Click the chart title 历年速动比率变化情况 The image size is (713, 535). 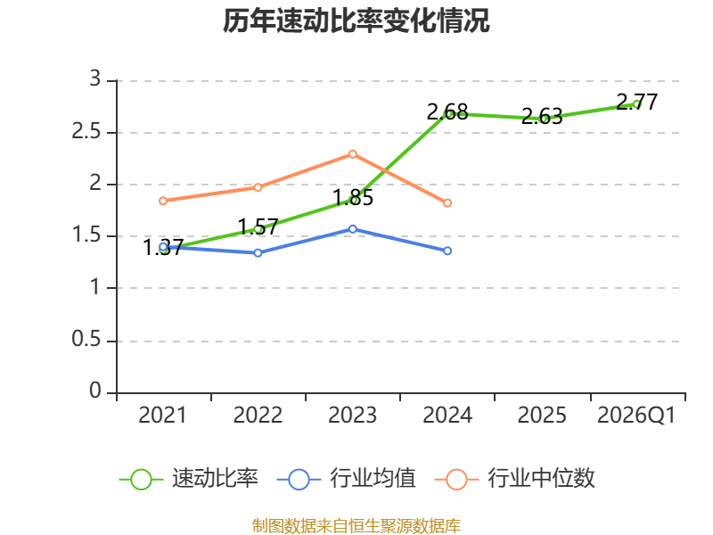(x=356, y=21)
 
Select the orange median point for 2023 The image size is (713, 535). (x=352, y=154)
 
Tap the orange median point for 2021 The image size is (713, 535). (x=163, y=201)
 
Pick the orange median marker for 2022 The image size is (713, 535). (x=258, y=187)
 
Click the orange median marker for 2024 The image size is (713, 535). (x=447, y=203)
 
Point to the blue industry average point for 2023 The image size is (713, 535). (x=352, y=229)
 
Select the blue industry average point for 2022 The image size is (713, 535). (x=258, y=253)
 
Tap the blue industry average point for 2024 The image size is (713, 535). (x=447, y=251)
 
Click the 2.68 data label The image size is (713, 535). (x=447, y=112)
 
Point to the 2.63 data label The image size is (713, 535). (x=542, y=117)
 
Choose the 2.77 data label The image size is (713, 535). (x=637, y=102)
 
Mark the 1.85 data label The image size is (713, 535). (x=353, y=198)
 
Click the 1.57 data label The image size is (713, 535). (x=258, y=227)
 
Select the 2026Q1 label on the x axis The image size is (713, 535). (x=636, y=416)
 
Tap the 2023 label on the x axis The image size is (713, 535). (x=352, y=416)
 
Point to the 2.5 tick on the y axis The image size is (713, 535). (x=86, y=132)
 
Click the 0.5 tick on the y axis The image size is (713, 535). (x=86, y=340)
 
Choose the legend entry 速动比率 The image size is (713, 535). (x=189, y=479)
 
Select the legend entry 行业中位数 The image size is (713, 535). (x=515, y=479)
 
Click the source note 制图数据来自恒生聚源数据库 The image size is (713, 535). (x=356, y=526)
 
